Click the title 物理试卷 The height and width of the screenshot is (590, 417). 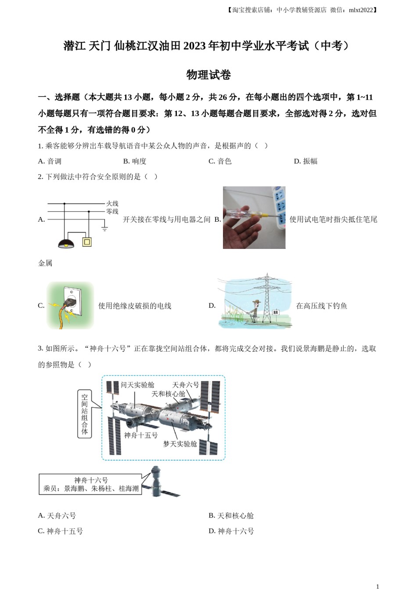pyautogui.click(x=208, y=75)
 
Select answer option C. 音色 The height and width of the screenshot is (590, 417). pyautogui.click(x=219, y=161)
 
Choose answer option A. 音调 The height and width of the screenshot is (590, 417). pyautogui.click(x=50, y=161)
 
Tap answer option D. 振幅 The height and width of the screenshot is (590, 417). pyautogui.click(x=305, y=161)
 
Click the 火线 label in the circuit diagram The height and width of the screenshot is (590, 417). pyautogui.click(x=112, y=204)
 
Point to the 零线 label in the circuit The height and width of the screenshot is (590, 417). pyautogui.click(x=112, y=212)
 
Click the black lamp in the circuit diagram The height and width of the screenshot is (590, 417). pyautogui.click(x=66, y=243)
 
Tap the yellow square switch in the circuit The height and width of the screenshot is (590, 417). pyautogui.click(x=87, y=242)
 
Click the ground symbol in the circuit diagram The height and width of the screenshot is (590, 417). pyautogui.click(x=104, y=228)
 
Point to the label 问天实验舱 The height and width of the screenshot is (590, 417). pyautogui.click(x=137, y=385)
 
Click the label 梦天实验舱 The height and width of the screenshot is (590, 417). pyautogui.click(x=180, y=444)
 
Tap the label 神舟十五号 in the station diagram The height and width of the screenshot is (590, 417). pyautogui.click(x=140, y=435)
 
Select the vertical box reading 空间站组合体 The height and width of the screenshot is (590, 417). pyautogui.click(x=84, y=414)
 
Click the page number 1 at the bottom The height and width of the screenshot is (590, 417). pyautogui.click(x=377, y=586)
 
